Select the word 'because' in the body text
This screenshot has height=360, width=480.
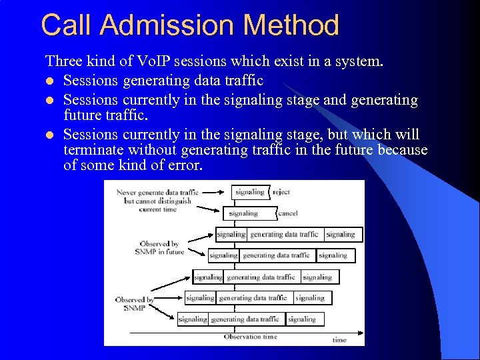(403, 149)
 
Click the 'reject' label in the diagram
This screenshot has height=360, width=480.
(281, 192)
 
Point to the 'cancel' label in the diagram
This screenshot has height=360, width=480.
(288, 213)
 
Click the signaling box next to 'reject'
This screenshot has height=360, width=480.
(250, 192)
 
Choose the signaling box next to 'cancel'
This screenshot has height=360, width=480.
(243, 213)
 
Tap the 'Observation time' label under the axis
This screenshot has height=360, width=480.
(250, 337)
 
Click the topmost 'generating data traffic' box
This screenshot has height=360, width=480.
(285, 234)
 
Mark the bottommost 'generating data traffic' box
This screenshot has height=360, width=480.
(245, 319)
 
